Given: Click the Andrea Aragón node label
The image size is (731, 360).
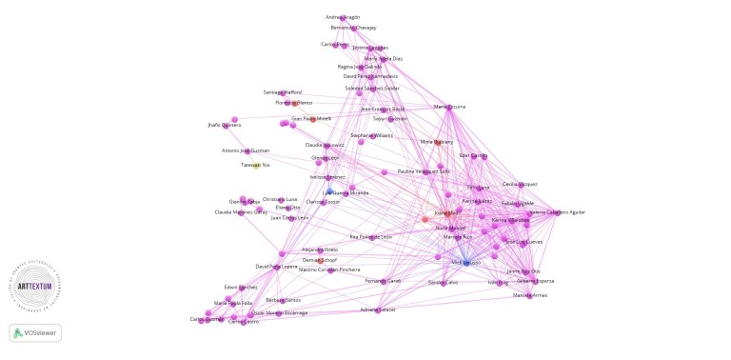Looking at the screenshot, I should tap(343, 17).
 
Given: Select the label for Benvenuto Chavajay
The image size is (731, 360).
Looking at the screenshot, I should tap(353, 28).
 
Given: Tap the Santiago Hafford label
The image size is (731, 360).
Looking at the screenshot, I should tap(282, 91).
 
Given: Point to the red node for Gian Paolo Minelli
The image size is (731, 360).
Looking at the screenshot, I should tap(312, 119).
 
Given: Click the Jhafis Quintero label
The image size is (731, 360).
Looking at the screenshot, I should tap(224, 125).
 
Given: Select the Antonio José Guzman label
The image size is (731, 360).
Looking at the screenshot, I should tap(246, 150).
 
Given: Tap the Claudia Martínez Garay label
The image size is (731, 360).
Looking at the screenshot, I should tap(241, 212).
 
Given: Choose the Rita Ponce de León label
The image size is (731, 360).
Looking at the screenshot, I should tap(371, 236).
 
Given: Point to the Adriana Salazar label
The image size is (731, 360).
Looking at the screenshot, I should tap(378, 310).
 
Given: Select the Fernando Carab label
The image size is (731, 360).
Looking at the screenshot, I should tap(383, 281).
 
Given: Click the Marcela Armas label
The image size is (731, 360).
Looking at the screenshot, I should tap(530, 295).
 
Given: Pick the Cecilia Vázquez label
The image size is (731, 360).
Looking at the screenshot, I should tap(520, 184).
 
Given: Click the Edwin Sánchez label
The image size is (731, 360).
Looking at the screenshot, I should tap(241, 287).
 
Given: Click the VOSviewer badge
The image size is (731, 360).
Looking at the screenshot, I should tap(35, 332).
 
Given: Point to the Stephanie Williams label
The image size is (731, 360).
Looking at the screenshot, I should tap(371, 135).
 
